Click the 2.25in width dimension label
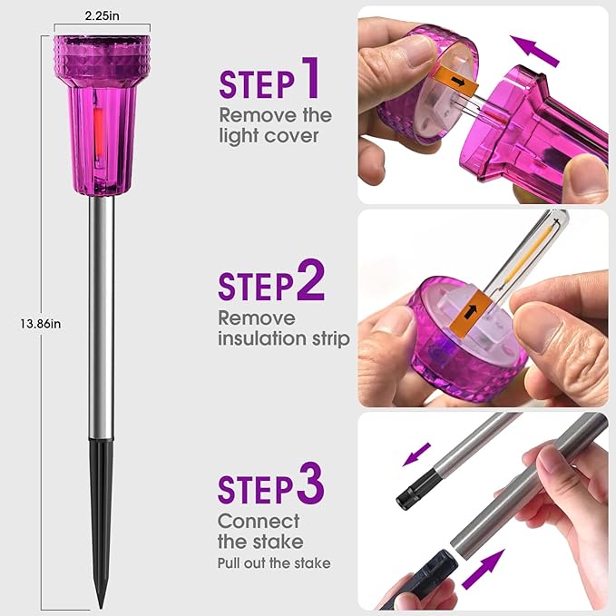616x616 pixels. coord(103,15)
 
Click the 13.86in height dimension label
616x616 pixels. coord(41,324)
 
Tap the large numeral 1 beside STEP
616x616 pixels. coord(311,78)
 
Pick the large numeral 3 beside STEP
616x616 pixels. coord(310,484)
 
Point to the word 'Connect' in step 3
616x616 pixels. coord(259,522)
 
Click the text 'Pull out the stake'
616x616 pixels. coord(274,563)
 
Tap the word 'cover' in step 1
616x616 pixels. coord(291,136)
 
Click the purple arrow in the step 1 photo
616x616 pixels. coord(534,51)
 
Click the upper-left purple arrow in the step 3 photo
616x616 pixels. coord(417,455)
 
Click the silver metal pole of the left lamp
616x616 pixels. coord(102,318)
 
